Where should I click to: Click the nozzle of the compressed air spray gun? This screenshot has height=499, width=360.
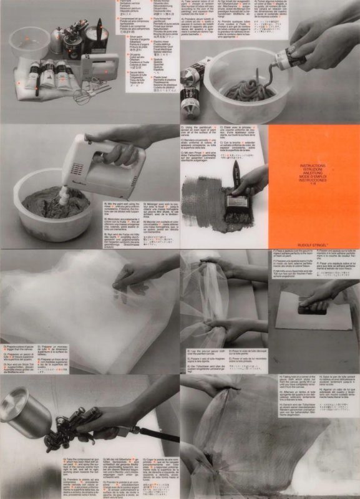coord(47,446)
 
